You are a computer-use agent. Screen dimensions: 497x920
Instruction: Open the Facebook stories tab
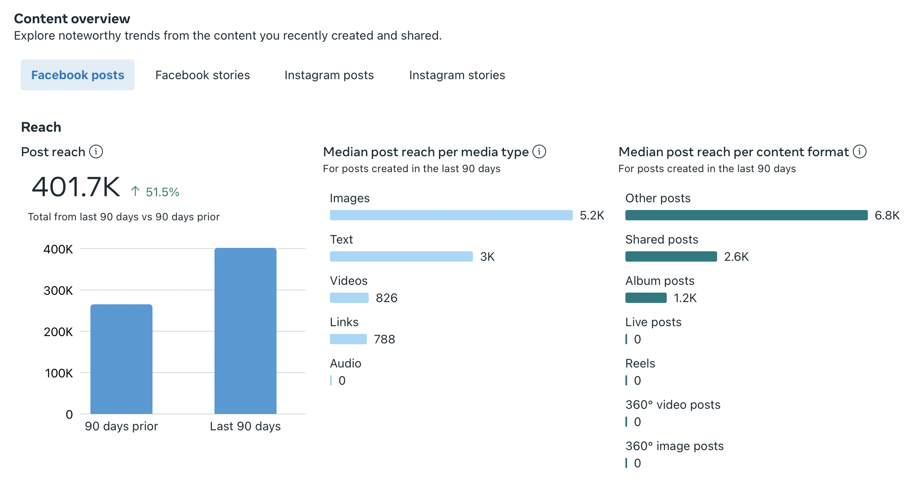(x=202, y=75)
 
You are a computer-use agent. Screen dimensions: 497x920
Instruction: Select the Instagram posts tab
(x=329, y=75)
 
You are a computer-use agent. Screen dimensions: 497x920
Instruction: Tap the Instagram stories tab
(x=457, y=75)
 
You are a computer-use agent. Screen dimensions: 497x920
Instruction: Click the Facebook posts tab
(x=78, y=75)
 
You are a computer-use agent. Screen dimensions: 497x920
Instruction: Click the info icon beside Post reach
(x=96, y=151)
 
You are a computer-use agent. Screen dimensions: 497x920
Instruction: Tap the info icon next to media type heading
(x=539, y=151)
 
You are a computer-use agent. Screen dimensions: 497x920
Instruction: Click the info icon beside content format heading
(x=860, y=151)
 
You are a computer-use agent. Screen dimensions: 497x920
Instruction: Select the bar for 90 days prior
(x=121, y=359)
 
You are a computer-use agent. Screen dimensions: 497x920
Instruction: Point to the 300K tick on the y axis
(x=58, y=290)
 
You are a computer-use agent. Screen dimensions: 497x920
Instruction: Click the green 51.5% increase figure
(x=162, y=192)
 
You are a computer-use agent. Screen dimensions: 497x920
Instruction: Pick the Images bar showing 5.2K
(x=451, y=215)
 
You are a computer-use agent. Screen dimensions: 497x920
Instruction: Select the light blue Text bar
(x=401, y=256)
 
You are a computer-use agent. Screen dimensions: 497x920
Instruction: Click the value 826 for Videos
(x=386, y=298)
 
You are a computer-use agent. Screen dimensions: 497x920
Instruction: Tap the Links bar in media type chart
(x=348, y=339)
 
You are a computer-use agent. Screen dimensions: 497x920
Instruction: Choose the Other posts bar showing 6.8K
(x=746, y=215)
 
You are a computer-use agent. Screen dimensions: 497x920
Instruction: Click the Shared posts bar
(x=671, y=256)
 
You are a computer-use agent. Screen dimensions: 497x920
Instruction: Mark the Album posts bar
(x=646, y=298)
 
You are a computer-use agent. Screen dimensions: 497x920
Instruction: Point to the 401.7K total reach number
(x=76, y=188)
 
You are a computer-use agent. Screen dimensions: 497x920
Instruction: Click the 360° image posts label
(x=674, y=446)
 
